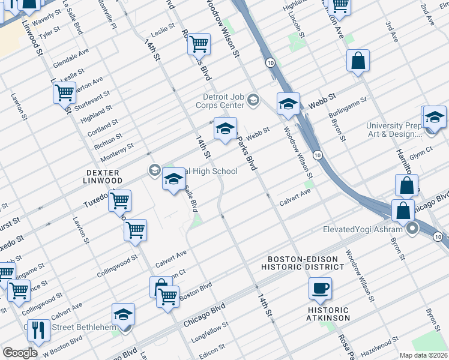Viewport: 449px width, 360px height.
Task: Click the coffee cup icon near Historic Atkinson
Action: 320,288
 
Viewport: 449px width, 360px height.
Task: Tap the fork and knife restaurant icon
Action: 38,331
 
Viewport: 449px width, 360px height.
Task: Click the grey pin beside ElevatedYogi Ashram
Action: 412,229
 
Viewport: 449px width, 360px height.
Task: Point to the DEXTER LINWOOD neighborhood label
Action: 104,176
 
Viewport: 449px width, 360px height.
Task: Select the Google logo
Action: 20,353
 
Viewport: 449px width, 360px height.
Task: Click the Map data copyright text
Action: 423,355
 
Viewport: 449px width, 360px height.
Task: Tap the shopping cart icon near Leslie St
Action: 199,43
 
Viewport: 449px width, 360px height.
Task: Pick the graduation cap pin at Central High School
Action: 173,179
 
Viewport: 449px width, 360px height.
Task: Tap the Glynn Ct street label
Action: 421,152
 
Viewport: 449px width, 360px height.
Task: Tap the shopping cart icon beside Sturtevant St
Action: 64,93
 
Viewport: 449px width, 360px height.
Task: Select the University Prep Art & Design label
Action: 396,130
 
